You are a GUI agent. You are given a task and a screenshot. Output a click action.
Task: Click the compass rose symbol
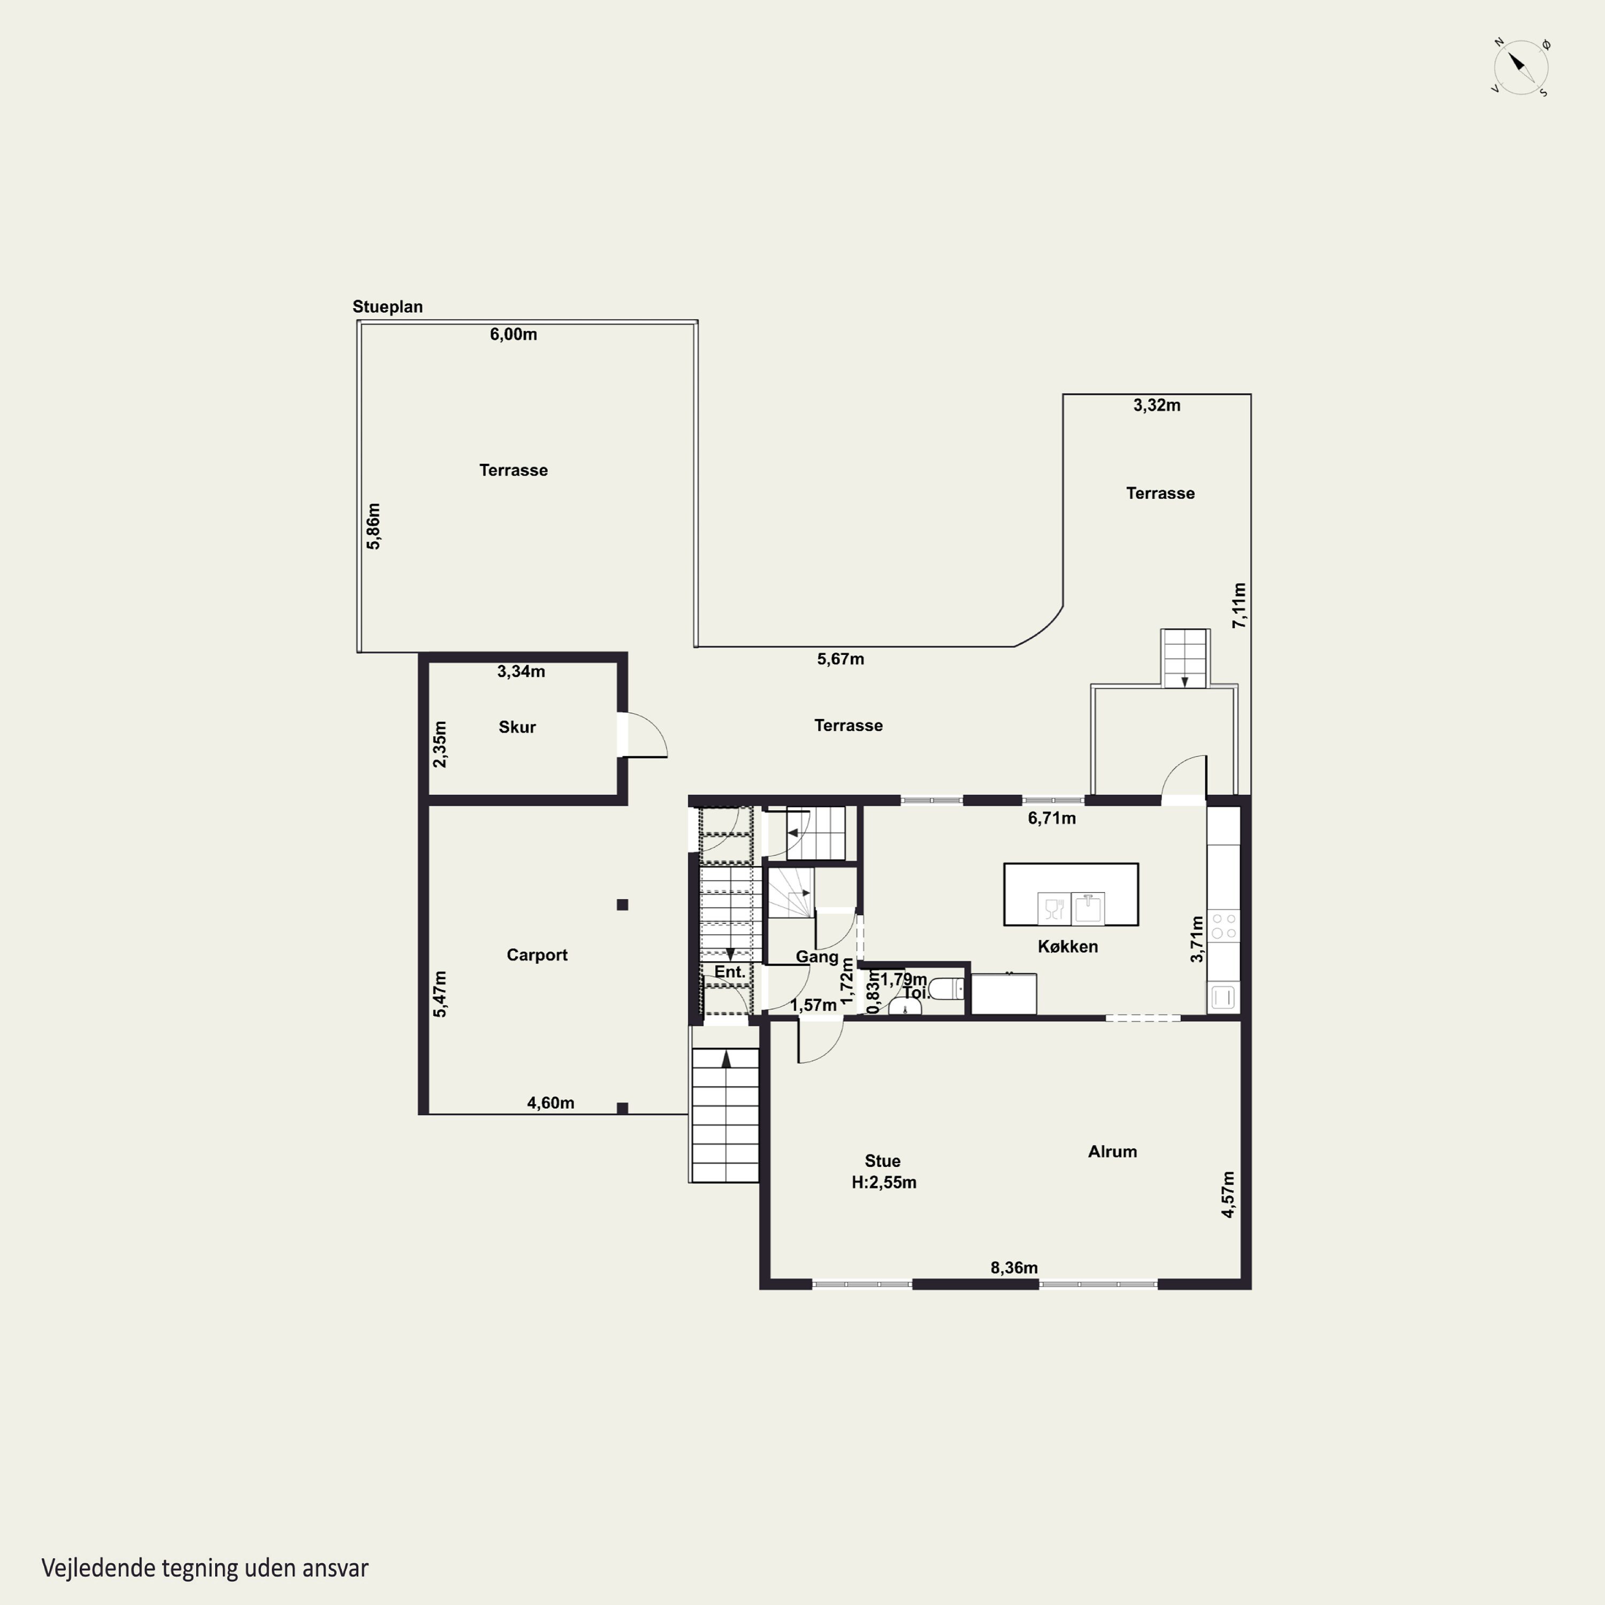(1520, 66)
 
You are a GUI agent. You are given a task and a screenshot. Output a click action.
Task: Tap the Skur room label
(517, 727)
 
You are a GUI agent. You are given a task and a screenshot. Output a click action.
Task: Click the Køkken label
(1067, 946)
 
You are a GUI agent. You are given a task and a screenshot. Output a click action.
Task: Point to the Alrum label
(1112, 1151)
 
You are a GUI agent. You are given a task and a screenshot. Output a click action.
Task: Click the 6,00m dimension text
(514, 334)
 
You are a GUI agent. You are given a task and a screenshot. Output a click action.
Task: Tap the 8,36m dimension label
(1013, 1268)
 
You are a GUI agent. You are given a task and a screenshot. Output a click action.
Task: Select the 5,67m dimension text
(840, 659)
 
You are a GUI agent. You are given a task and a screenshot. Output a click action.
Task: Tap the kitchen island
(1071, 894)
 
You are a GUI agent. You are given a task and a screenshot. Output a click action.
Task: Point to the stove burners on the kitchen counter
(1224, 926)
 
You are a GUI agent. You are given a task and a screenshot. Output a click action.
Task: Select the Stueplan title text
(387, 307)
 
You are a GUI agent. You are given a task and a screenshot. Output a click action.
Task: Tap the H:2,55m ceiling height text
(884, 1182)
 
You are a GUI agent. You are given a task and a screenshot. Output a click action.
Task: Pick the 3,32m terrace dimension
(1156, 406)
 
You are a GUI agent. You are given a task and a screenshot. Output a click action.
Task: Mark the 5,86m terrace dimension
(373, 526)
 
